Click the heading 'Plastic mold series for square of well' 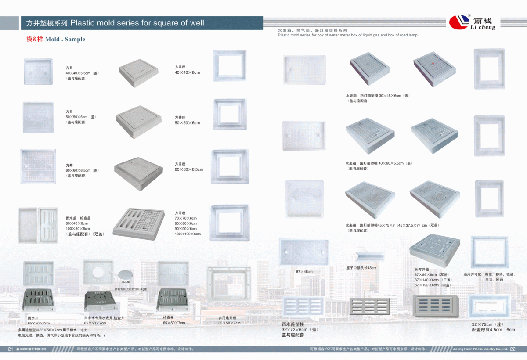click(x=137, y=23)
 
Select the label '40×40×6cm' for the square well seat click(x=188, y=72)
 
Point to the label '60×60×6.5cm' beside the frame click(x=189, y=169)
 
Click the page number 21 click(x=11, y=349)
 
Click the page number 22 click(x=513, y=349)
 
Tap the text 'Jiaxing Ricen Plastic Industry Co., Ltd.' click(x=480, y=349)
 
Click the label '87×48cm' click(x=304, y=272)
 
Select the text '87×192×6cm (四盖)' click(x=433, y=285)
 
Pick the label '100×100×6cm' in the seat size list click(x=188, y=234)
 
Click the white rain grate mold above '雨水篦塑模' click(x=303, y=306)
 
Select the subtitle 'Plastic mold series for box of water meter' click(x=347, y=35)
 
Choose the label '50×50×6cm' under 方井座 click(x=188, y=123)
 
